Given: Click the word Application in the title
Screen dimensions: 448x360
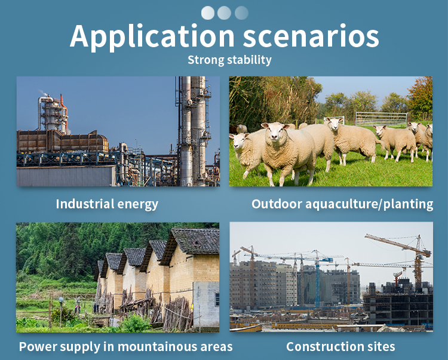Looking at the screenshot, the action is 152,37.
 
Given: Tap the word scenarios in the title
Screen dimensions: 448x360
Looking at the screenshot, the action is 311,36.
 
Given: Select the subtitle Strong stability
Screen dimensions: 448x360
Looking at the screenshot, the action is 229,60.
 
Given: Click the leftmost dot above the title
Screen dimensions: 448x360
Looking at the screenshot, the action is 208,13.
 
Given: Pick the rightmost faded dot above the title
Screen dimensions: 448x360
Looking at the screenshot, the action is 241,13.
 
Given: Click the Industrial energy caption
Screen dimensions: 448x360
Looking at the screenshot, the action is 107,204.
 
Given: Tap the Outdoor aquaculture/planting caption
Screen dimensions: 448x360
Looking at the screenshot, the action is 342,204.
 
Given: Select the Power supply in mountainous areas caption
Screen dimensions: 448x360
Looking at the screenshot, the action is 125,347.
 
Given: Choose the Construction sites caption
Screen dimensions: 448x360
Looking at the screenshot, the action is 340,347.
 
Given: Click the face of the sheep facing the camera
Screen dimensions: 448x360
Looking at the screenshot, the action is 274,132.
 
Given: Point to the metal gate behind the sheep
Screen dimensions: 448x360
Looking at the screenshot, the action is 381,119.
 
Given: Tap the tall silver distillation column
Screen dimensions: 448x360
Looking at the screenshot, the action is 186,131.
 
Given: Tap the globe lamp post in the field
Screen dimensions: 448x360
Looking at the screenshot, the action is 61,311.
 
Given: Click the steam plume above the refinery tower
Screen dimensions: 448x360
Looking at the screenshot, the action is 43,93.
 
